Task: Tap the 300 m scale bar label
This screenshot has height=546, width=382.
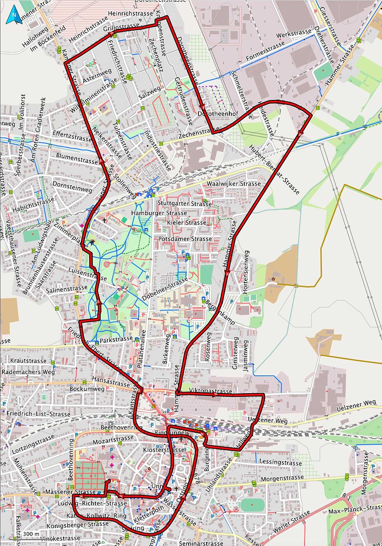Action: pyautogui.click(x=31, y=534)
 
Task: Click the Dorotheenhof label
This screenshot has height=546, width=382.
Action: pyautogui.click(x=212, y=113)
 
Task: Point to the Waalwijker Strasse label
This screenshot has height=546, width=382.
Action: pyautogui.click(x=234, y=183)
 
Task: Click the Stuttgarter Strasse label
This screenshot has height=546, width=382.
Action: pyautogui.click(x=184, y=203)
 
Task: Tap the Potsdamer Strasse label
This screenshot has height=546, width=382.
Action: pyautogui.click(x=185, y=239)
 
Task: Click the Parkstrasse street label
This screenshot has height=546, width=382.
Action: pyautogui.click(x=116, y=339)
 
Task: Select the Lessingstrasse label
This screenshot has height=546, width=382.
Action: pyautogui.click(x=281, y=463)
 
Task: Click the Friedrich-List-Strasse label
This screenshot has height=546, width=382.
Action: pyautogui.click(x=38, y=413)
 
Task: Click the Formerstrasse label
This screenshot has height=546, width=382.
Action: pyautogui.click(x=265, y=51)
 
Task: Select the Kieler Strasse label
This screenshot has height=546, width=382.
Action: pyautogui.click(x=187, y=223)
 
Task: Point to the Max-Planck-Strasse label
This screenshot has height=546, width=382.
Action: pyautogui.click(x=355, y=510)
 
